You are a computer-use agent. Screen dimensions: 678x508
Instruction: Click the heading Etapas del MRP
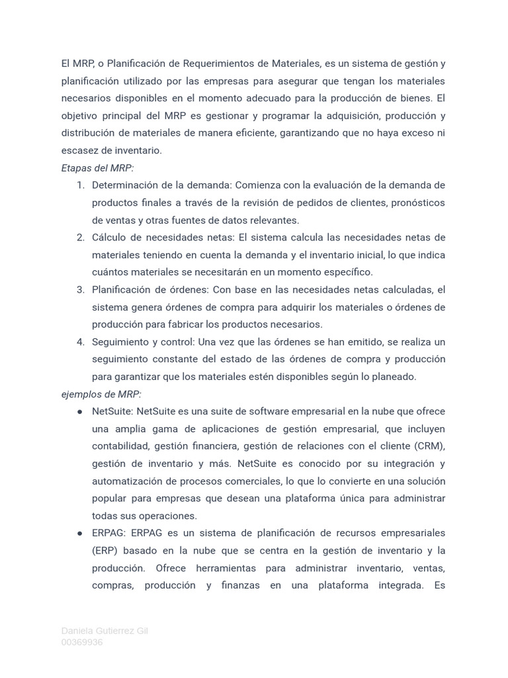click(x=97, y=168)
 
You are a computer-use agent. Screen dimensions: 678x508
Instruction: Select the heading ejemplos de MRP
click(x=101, y=394)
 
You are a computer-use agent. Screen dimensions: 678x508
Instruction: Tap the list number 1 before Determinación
click(x=81, y=185)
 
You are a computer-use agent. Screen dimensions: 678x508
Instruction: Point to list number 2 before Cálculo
click(x=81, y=238)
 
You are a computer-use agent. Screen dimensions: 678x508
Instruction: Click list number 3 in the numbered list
click(x=81, y=289)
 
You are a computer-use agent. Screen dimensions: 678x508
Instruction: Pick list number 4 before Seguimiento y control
click(x=81, y=342)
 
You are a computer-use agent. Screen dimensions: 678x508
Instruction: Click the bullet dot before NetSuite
click(x=80, y=412)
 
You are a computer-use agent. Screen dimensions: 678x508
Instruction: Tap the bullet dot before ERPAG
click(x=80, y=534)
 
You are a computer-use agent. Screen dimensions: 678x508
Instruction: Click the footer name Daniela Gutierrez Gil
click(x=105, y=631)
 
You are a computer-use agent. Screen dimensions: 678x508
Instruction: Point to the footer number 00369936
click(x=82, y=642)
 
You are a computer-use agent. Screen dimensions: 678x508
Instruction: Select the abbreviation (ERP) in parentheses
click(x=106, y=551)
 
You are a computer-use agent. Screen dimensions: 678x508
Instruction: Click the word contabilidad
click(x=122, y=446)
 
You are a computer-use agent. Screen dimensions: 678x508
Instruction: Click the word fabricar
click(x=185, y=324)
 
